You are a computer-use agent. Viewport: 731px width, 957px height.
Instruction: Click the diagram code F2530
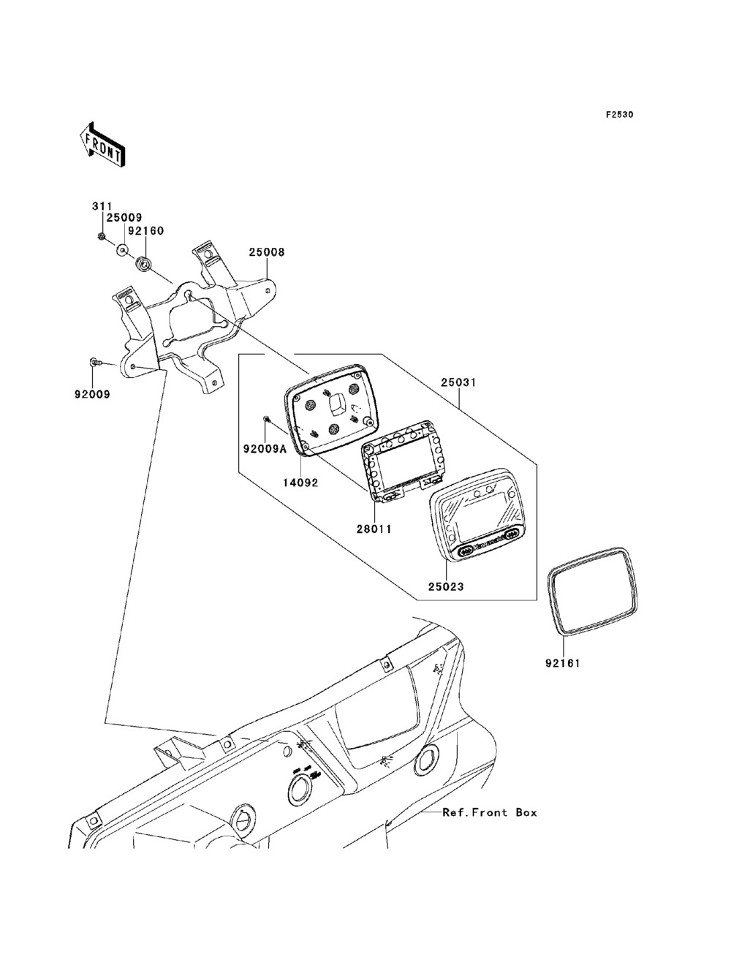[619, 115]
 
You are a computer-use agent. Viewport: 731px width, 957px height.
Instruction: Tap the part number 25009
[124, 218]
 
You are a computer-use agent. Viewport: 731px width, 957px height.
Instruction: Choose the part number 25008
[267, 252]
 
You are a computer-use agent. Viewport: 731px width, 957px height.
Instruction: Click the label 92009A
[265, 449]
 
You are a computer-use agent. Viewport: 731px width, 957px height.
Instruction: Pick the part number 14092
[300, 483]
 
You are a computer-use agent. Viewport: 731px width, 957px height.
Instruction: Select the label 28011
[374, 529]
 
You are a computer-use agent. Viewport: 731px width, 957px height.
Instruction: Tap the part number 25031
[458, 382]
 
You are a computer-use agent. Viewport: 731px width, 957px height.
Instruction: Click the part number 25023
[445, 587]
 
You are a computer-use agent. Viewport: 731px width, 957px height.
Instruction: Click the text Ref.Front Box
[490, 813]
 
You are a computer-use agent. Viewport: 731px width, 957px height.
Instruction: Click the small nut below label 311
[101, 237]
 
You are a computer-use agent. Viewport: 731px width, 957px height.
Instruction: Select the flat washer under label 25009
[123, 251]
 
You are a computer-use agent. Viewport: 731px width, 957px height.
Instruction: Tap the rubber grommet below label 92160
[144, 264]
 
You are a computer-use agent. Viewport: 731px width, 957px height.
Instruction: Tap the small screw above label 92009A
[266, 419]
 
